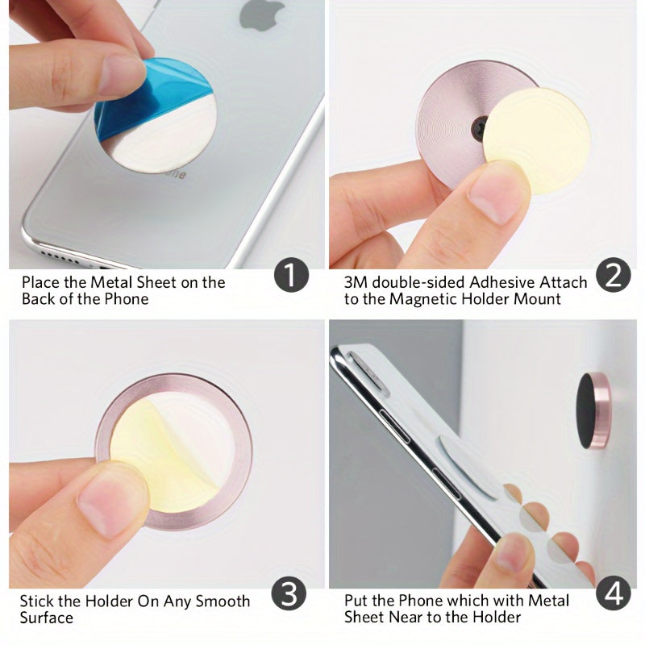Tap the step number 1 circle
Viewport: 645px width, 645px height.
click(x=291, y=277)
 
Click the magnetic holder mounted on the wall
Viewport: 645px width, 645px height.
click(x=593, y=410)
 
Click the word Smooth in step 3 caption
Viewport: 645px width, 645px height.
click(x=220, y=601)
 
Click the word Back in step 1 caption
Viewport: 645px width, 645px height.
click(x=39, y=299)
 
